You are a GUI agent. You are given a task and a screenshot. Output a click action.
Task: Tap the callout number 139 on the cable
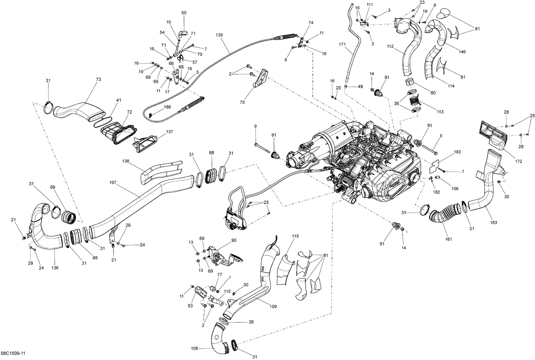point(219,35)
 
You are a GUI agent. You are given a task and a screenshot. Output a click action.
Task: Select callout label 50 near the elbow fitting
point(184,13)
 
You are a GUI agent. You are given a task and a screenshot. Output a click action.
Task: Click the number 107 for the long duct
point(113,182)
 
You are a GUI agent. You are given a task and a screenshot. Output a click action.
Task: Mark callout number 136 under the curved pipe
point(55,268)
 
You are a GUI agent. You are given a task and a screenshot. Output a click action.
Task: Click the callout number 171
point(342,44)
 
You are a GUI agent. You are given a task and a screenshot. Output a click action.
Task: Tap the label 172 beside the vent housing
point(518,161)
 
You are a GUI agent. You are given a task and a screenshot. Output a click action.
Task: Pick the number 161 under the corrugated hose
point(448,239)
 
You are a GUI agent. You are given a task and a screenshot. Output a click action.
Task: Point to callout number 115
point(295,236)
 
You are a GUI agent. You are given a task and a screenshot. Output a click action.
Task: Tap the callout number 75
point(242,102)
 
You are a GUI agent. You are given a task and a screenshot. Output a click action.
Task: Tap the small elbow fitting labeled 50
point(183,34)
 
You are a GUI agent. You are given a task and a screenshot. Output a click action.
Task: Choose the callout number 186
point(167,107)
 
